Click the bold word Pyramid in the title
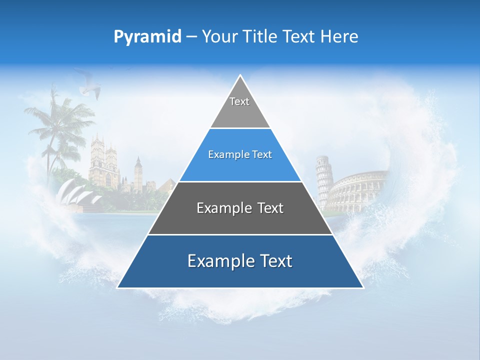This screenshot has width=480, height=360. [147, 37]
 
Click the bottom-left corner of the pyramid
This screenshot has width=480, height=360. [118, 287]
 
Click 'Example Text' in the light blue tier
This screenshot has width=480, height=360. [240, 154]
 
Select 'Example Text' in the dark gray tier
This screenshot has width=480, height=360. [240, 208]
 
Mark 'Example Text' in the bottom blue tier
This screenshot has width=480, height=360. [240, 261]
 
